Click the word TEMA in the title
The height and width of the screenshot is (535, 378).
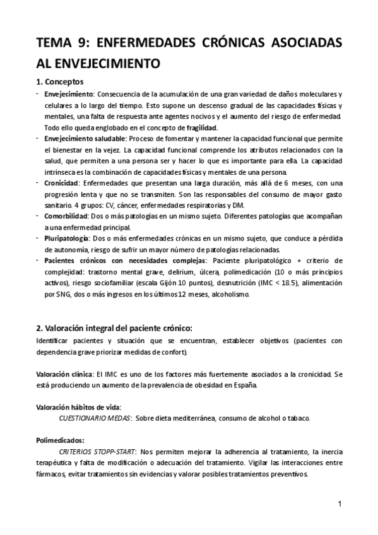pos(53,43)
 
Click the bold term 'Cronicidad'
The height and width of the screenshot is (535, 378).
pos(61,183)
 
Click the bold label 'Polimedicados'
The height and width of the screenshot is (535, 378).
pos(60,441)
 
